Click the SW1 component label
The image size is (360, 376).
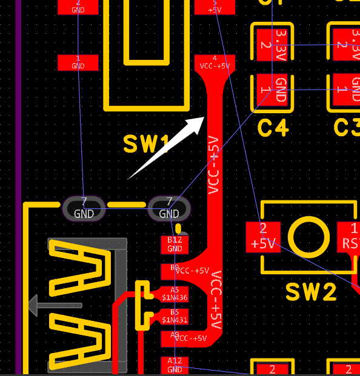click(146, 144)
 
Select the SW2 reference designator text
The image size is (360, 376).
click(311, 292)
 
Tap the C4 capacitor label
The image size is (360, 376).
click(273, 128)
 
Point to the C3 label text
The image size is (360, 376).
click(348, 128)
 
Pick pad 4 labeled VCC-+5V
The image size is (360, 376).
click(215, 63)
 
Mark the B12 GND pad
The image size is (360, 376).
click(175, 245)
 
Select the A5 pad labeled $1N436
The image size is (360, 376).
click(175, 294)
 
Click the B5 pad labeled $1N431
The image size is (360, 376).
click(175, 316)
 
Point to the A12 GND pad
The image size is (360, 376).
click(175, 364)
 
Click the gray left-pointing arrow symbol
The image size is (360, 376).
click(55, 305)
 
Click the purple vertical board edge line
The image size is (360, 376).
click(18, 182)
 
